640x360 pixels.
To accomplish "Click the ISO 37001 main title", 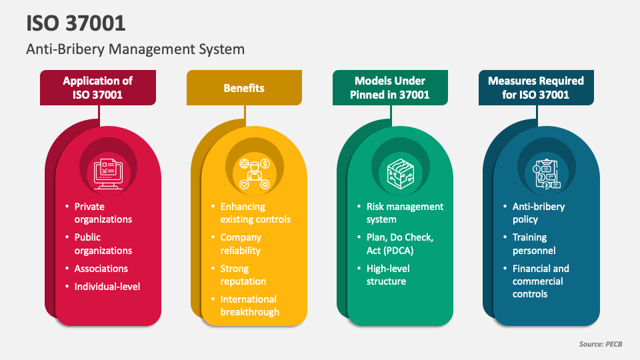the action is point(76,23).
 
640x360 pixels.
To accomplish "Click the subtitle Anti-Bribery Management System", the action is point(135,49).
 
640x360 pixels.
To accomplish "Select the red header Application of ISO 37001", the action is point(98,88).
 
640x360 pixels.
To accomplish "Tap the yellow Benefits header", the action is point(244,88).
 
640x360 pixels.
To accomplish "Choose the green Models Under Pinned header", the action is point(390,88).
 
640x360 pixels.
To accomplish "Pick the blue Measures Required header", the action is point(536,88).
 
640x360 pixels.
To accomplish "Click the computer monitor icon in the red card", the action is point(108,174).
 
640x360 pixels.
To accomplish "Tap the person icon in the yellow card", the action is point(254,174).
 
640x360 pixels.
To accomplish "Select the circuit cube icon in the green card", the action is point(401,174).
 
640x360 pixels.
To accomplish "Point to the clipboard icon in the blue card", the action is point(547,174).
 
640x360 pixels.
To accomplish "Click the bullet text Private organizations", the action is point(103,213).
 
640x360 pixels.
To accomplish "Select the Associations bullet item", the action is point(101,269).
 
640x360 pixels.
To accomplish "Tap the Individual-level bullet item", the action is point(107,287).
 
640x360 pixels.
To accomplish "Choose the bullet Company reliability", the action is point(241,244).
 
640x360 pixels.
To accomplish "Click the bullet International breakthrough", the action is point(250,305).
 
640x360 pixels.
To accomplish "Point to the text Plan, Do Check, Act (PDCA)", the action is point(400,244).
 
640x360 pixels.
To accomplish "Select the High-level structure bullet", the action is point(388,275).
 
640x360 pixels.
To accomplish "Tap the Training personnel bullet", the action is point(534,244).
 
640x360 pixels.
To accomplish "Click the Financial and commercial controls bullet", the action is point(541,281).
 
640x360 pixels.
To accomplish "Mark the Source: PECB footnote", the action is point(601,344).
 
